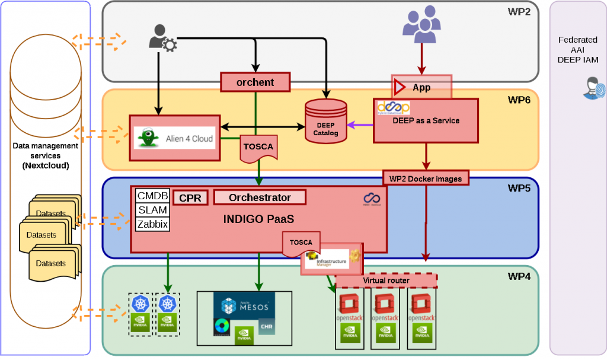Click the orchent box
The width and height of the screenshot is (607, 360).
pos(255,82)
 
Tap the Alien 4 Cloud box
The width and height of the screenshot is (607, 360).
pos(174,138)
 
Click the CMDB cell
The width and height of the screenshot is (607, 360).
pos(153,196)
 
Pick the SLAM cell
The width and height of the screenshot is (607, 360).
pos(153,210)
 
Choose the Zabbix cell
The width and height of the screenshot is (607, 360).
pos(153,224)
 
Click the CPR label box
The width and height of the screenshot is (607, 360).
pos(190,198)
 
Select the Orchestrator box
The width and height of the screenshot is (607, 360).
pos(260,197)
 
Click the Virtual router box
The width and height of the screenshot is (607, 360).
pos(386,280)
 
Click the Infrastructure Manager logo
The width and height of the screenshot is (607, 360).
pos(330,260)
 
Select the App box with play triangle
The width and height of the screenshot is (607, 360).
pos(421,87)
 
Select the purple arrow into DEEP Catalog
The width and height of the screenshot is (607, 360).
pos(360,125)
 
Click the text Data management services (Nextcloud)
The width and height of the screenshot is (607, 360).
pos(45,155)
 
